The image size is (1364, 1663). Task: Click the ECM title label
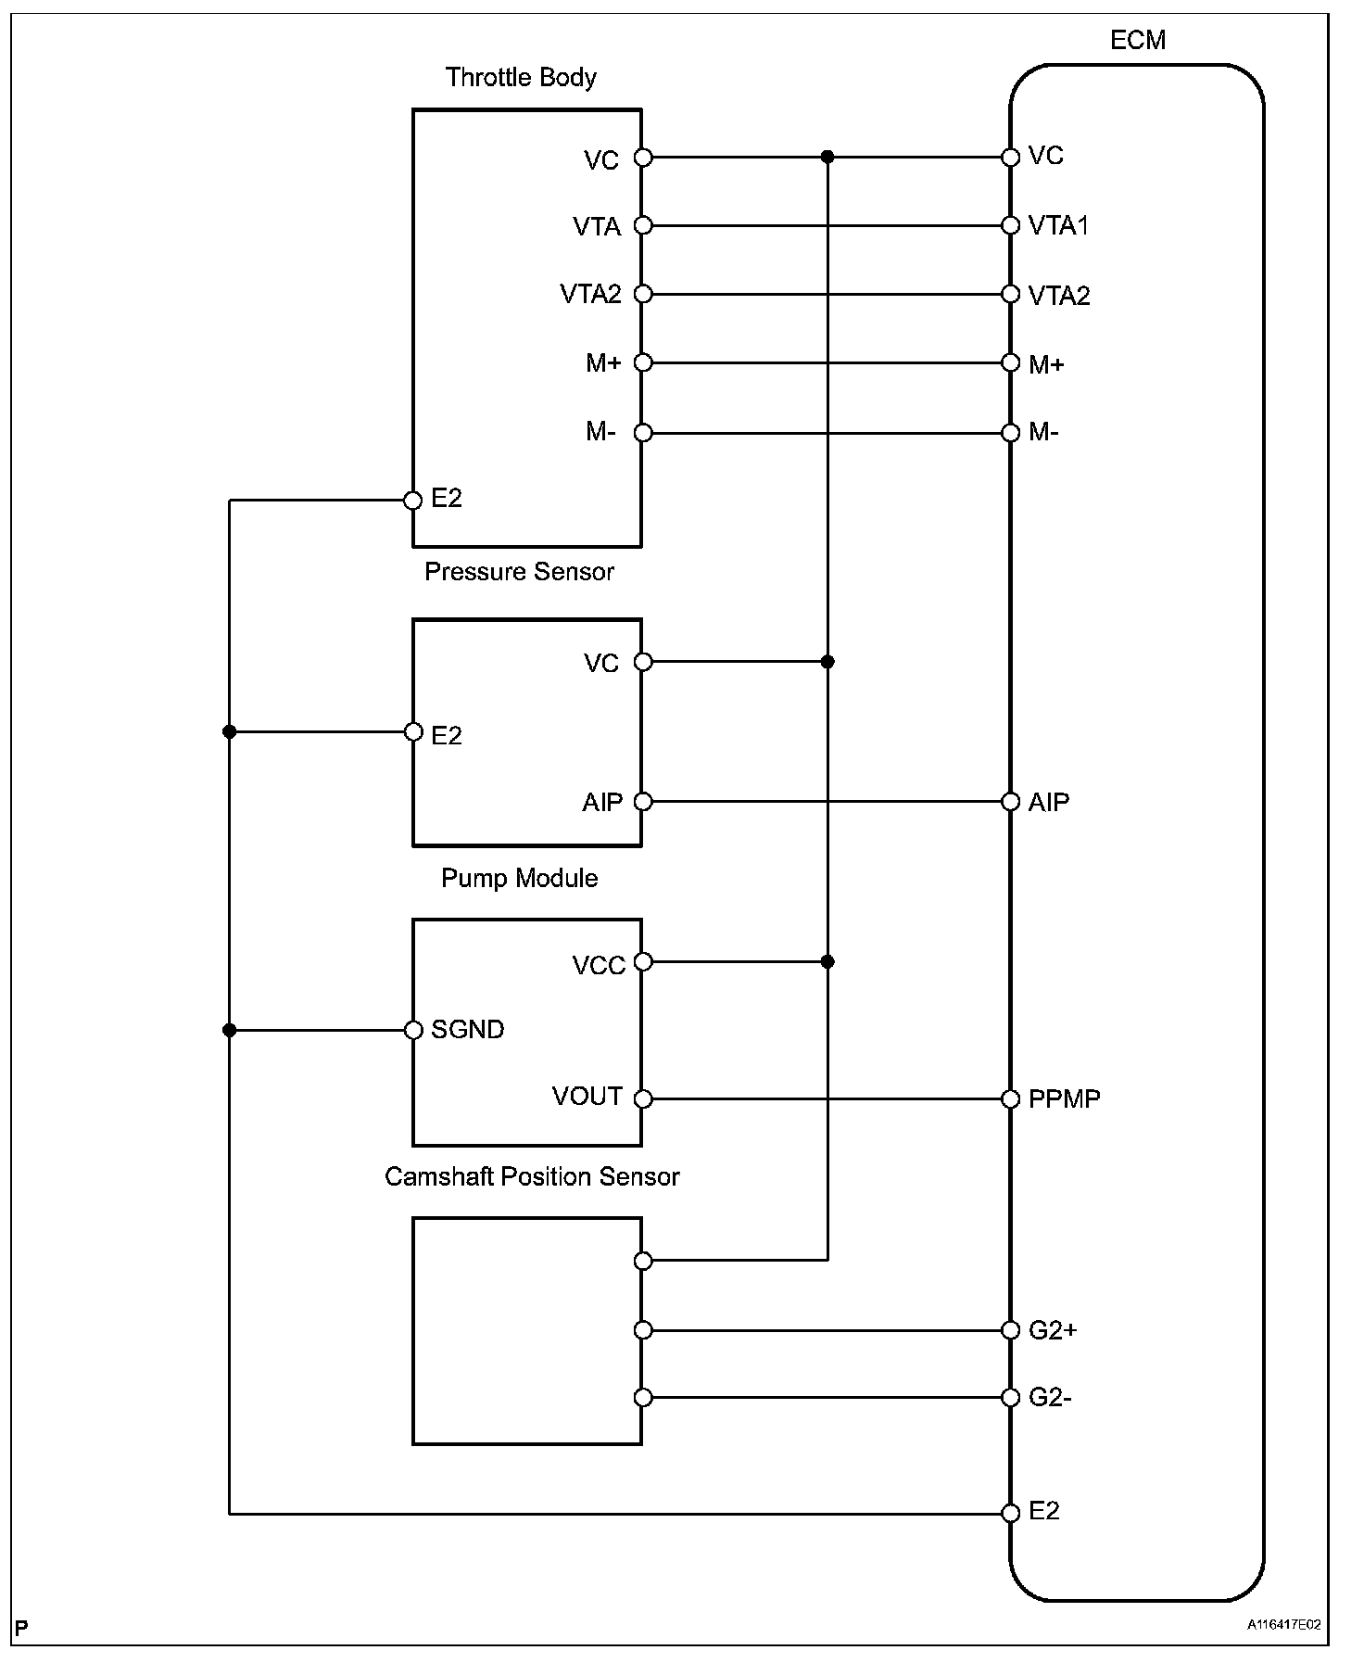(1137, 41)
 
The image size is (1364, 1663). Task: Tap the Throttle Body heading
(521, 77)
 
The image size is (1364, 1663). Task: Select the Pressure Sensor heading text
(519, 572)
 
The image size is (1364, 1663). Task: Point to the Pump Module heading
(519, 878)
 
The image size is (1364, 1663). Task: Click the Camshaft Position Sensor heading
(532, 1176)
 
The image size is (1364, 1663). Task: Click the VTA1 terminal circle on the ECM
(1011, 226)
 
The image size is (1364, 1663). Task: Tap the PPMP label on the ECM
(1065, 1099)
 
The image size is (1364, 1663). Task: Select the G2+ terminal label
(1053, 1330)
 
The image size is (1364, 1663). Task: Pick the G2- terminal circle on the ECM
(1011, 1398)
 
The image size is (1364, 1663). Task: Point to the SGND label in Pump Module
(467, 1030)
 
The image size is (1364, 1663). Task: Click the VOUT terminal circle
(643, 1099)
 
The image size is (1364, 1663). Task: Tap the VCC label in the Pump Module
(599, 966)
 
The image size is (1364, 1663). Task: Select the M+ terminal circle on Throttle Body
(643, 363)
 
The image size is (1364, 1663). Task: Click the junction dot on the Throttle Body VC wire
(827, 158)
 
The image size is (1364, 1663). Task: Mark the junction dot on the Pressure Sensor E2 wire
(230, 732)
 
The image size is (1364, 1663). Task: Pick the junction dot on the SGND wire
(230, 1030)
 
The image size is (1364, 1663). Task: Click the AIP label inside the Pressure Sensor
(602, 803)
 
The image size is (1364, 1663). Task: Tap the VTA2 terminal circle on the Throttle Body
(643, 295)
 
